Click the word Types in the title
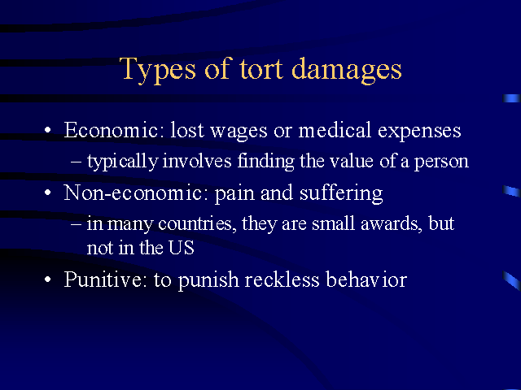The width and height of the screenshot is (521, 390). pos(157,71)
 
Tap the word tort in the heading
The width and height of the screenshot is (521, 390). pos(261,69)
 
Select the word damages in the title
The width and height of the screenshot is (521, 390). pos(347,71)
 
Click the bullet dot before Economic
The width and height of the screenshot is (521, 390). pos(48,130)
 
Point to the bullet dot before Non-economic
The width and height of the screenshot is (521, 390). pos(48,193)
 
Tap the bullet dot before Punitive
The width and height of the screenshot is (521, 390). pos(48,279)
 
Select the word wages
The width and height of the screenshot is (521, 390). pos(239,132)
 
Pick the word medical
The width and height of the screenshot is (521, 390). pos(335,130)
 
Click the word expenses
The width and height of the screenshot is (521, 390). pos(419,132)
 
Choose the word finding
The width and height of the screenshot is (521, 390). pos(266,162)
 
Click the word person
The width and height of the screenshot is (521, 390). pos(441,162)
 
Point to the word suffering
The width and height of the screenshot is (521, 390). pos(341,193)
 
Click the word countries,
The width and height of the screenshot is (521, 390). pos(197,224)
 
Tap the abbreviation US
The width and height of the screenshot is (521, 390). pos(181,247)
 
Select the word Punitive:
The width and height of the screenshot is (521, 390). pos(105,279)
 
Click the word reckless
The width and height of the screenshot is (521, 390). pos(282,279)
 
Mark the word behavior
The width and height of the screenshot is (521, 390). pos(366,279)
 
